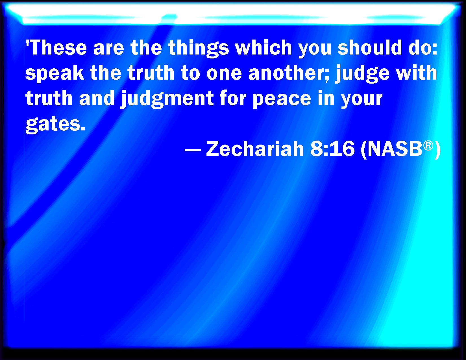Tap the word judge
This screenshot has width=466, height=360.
click(x=362, y=74)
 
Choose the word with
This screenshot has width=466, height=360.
click(x=416, y=73)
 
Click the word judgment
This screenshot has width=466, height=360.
click(x=167, y=99)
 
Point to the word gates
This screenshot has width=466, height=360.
click(x=55, y=125)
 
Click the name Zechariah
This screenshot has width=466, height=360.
click(x=254, y=149)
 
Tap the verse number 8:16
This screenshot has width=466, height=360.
click(x=332, y=149)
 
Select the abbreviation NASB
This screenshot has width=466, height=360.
click(x=395, y=149)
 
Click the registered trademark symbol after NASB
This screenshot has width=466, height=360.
click(x=428, y=146)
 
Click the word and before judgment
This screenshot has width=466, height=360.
click(x=97, y=99)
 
